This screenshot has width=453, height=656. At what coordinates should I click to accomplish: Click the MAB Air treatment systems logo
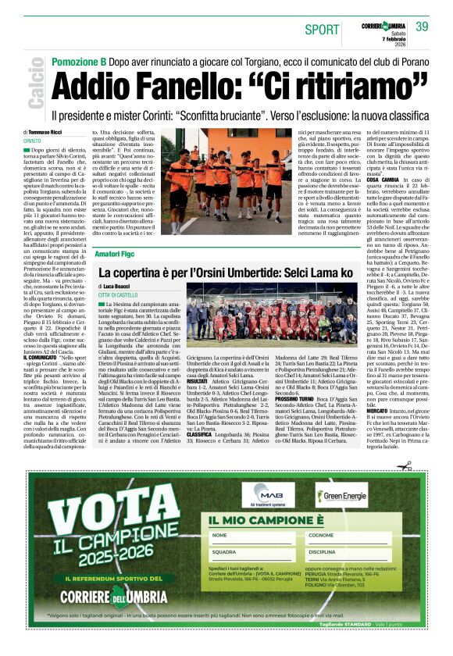coord(267,494)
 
